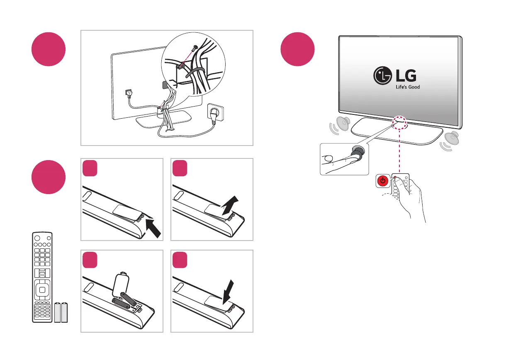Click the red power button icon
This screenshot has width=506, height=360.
[383, 181]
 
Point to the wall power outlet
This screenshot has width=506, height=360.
[216, 112]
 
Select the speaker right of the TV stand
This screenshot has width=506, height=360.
[451, 137]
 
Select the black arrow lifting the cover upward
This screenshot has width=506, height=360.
[229, 205]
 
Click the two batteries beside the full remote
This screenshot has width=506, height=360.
[61, 312]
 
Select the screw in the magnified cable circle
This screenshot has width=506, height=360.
[194, 49]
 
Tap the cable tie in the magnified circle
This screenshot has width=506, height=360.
[195, 73]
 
